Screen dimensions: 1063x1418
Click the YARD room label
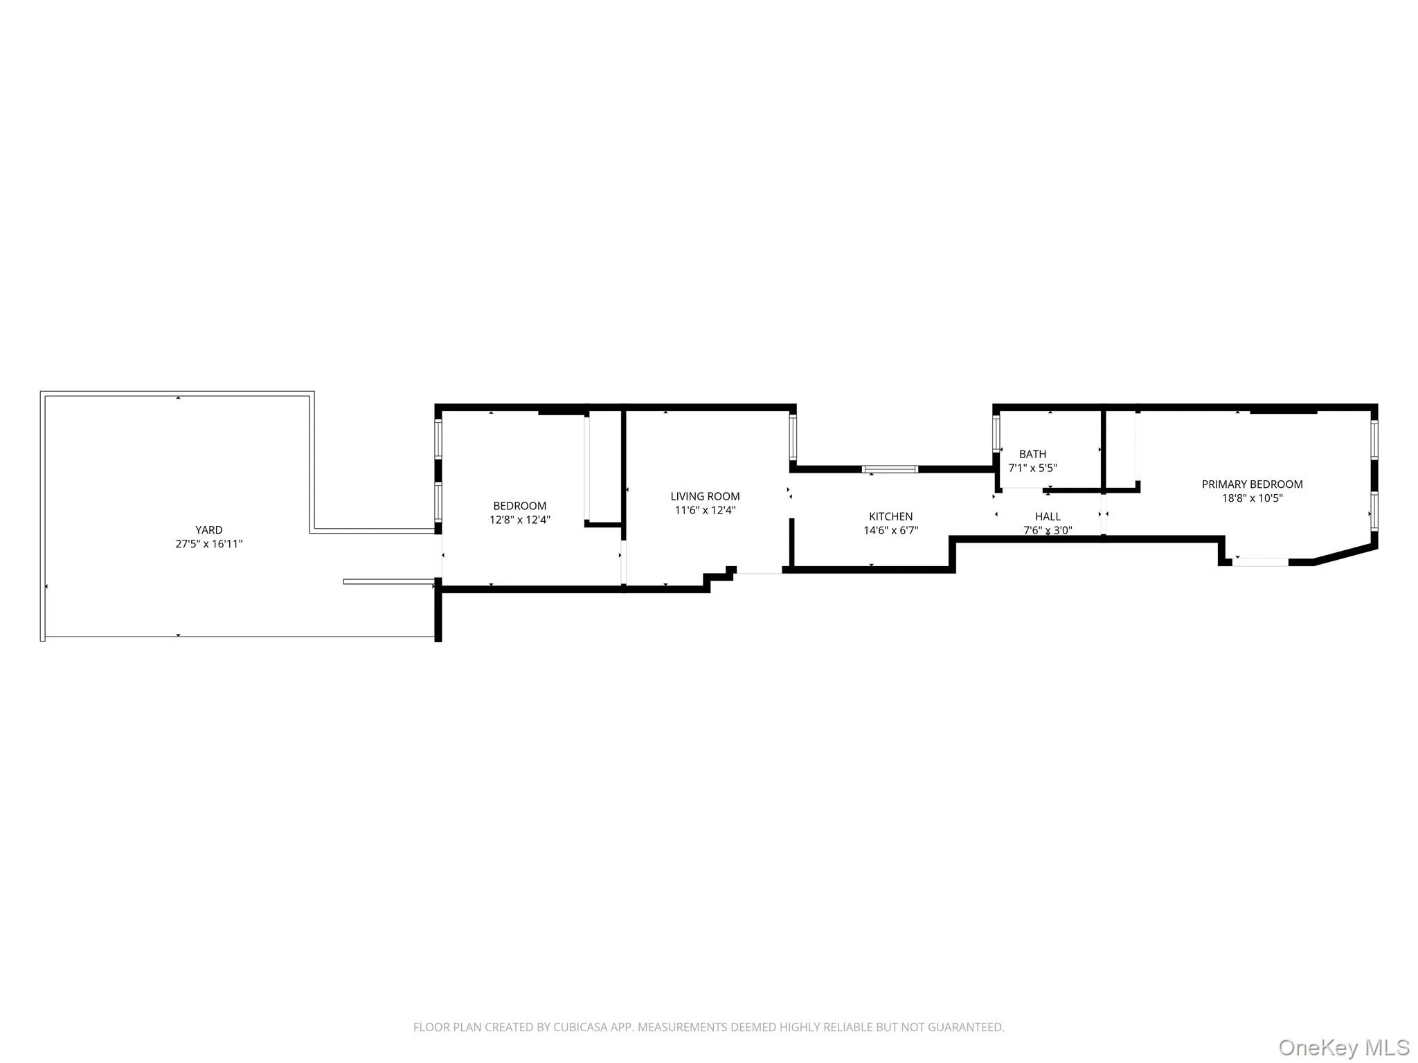[208, 530]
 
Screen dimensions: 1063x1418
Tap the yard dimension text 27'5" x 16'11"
[208, 544]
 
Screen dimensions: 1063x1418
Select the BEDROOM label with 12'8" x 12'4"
[519, 506]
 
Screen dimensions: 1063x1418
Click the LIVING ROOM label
[705, 496]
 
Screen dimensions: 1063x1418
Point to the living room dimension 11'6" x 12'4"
[705, 511]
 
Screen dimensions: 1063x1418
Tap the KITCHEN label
[890, 516]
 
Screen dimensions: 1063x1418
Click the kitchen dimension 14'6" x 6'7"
[890, 531]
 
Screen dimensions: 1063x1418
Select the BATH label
[1032, 454]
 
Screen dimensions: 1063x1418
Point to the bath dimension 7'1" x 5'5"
[1032, 468]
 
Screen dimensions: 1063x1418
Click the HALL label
[1048, 516]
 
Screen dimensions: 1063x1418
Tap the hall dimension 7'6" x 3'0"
[1048, 531]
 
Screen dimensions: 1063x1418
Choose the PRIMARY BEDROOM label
[1252, 484]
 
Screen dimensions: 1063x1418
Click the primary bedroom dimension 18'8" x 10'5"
[1252, 498]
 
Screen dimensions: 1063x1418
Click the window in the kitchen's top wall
[890, 469]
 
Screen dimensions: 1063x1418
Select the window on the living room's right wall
[793, 437]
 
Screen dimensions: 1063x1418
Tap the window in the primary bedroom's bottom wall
[1260, 562]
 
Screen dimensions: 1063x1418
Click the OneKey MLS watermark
[1344, 1047]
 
